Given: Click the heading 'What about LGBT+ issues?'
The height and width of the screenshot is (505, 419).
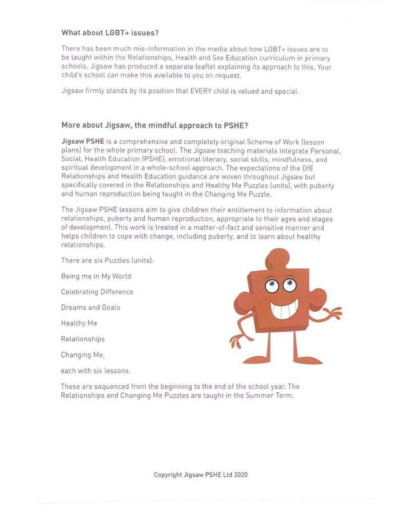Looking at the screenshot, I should [110, 32].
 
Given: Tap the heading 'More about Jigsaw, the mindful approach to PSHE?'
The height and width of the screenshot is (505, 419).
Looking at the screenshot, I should [155, 126].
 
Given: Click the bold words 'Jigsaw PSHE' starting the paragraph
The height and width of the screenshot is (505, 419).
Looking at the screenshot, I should [82, 142].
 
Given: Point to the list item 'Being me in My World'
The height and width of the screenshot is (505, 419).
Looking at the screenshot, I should [96, 276].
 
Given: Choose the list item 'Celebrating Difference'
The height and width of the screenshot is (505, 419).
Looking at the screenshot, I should [97, 292].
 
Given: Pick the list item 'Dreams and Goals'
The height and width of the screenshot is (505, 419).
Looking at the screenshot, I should [90, 308].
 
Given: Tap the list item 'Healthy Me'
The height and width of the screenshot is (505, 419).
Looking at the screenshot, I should [79, 323].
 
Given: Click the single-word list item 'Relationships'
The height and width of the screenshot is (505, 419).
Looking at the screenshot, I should [82, 339].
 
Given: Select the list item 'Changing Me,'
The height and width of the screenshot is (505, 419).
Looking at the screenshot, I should [83, 355].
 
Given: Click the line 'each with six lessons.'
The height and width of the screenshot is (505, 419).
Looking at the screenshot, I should [95, 371].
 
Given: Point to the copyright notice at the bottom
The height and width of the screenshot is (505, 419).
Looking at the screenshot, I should [200, 475].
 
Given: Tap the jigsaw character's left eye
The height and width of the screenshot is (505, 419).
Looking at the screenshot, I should [272, 286].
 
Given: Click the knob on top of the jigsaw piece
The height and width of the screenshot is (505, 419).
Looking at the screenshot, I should [278, 259].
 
